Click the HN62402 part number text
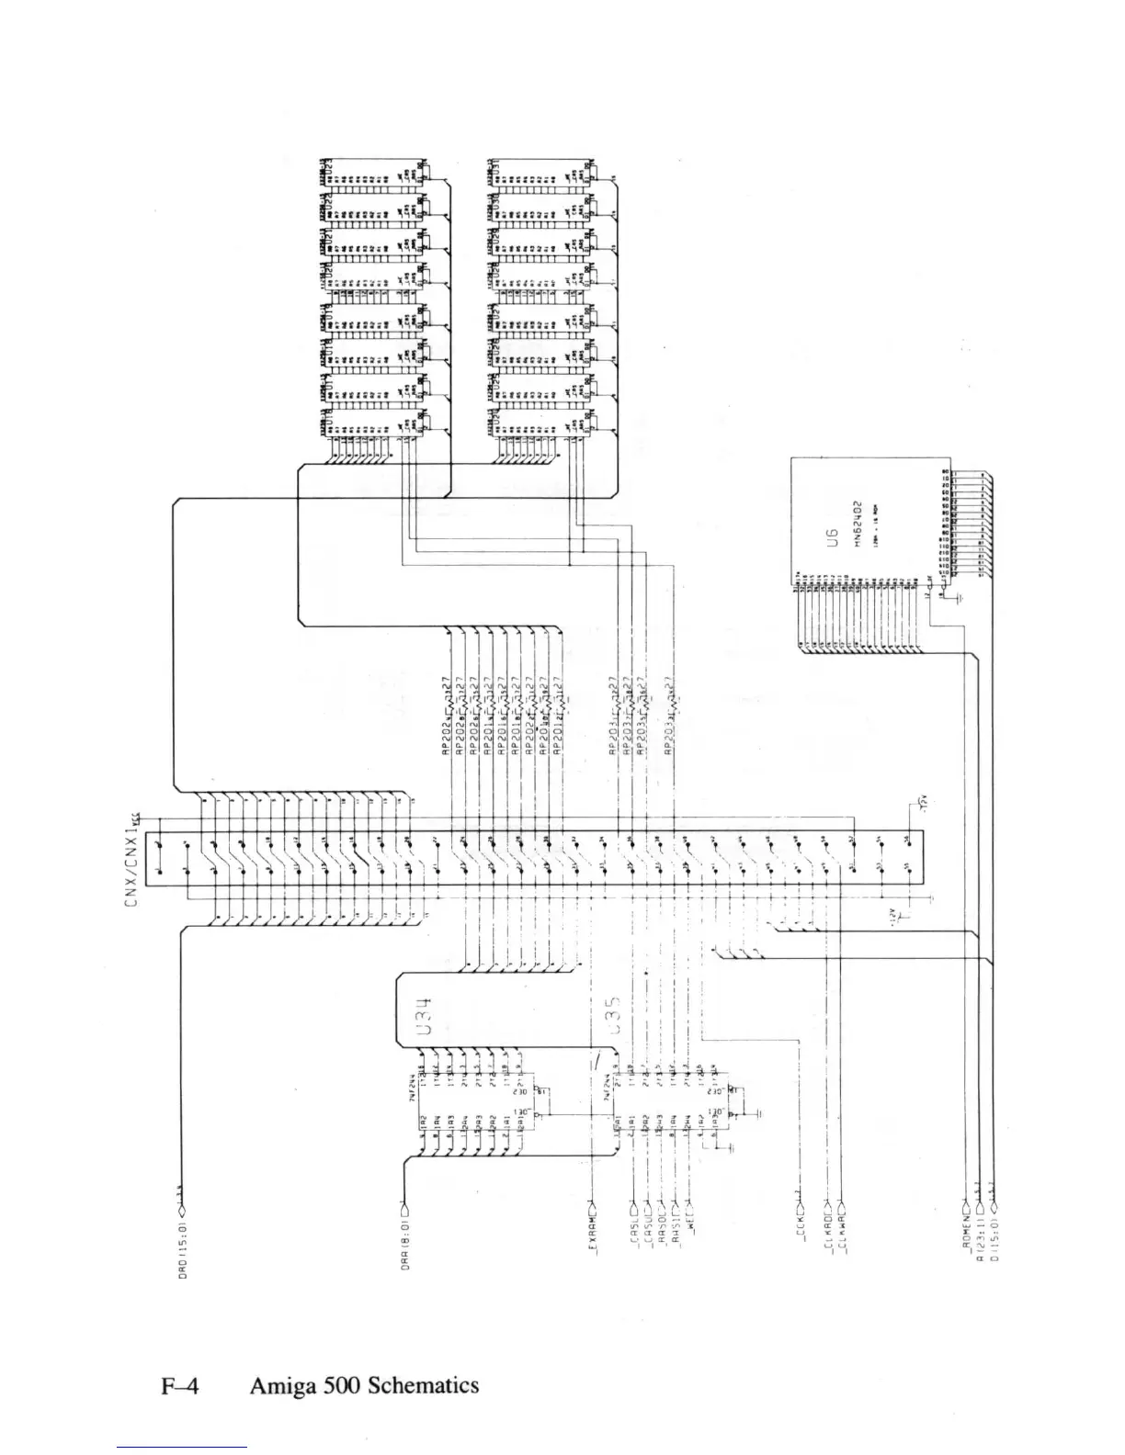click(856, 524)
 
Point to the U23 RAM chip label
click(327, 170)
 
